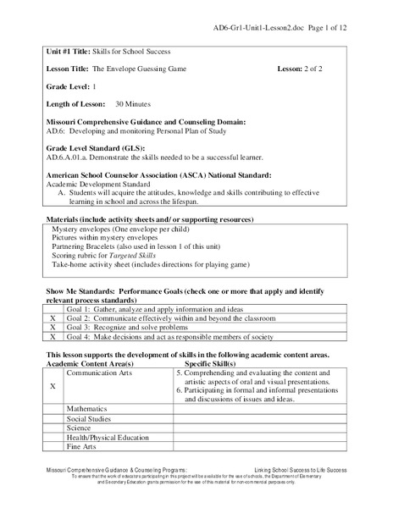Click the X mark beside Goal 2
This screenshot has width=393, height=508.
[53, 317]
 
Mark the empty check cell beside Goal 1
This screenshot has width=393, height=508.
[53, 308]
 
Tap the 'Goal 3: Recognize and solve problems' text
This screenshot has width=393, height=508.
[127, 327]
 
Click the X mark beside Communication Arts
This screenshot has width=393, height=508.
[53, 384]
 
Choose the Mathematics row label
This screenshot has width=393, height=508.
[88, 407]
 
